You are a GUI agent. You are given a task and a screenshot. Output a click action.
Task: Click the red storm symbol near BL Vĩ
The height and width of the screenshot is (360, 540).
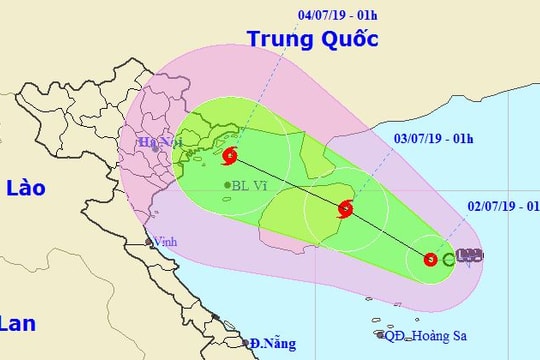click(231, 155)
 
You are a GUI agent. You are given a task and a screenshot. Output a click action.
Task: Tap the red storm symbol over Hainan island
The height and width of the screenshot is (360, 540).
click(345, 209)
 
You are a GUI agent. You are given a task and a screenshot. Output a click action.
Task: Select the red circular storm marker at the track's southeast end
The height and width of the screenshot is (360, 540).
click(430, 259)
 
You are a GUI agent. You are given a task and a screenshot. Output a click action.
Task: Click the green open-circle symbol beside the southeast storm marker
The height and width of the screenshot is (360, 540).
click(448, 259)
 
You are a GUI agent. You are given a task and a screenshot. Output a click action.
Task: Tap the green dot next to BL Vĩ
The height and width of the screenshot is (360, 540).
click(228, 185)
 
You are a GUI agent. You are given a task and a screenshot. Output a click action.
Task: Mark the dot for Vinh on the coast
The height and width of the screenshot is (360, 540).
click(149, 240)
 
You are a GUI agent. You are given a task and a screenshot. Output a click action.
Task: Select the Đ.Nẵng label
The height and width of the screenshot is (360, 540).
click(272, 344)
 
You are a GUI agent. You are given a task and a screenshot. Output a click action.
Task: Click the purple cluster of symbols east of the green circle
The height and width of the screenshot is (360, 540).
click(468, 256)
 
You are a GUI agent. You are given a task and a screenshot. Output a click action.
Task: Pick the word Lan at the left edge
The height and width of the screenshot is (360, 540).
click(18, 323)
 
